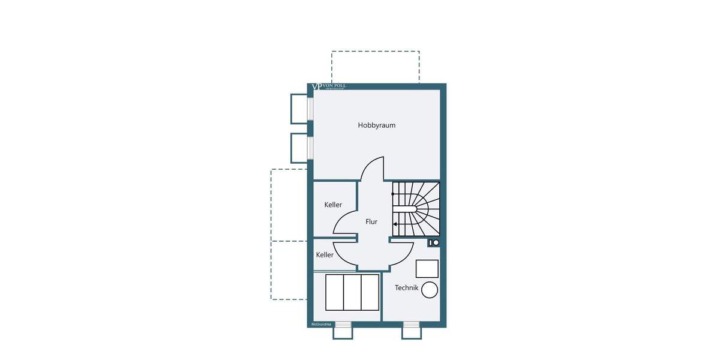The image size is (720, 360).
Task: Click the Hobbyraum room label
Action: point(376,125)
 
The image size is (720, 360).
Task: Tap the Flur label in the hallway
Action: point(371,221)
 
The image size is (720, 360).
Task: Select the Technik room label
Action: point(406,288)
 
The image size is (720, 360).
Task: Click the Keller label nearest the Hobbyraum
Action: point(333,205)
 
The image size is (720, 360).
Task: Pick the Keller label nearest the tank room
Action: point(325,255)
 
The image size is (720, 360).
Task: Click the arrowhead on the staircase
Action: point(395,224)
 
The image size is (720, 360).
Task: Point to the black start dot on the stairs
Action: point(394,193)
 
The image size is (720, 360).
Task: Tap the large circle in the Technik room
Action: point(430,290)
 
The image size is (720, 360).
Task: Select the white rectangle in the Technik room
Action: point(427,268)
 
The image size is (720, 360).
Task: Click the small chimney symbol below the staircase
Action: point(434,242)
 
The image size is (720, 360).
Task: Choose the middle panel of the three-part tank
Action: point(352,292)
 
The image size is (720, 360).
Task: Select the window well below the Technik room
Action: point(411,330)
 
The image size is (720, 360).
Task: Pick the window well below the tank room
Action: point(342,330)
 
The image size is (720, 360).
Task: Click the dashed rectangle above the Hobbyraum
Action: point(375,67)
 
